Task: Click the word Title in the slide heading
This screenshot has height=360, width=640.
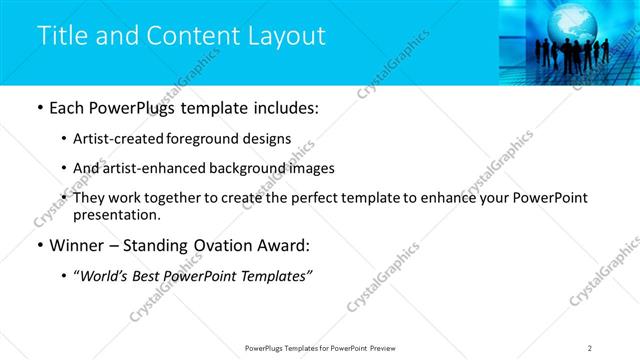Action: [61, 36]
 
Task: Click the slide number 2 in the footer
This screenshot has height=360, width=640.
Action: [590, 347]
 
